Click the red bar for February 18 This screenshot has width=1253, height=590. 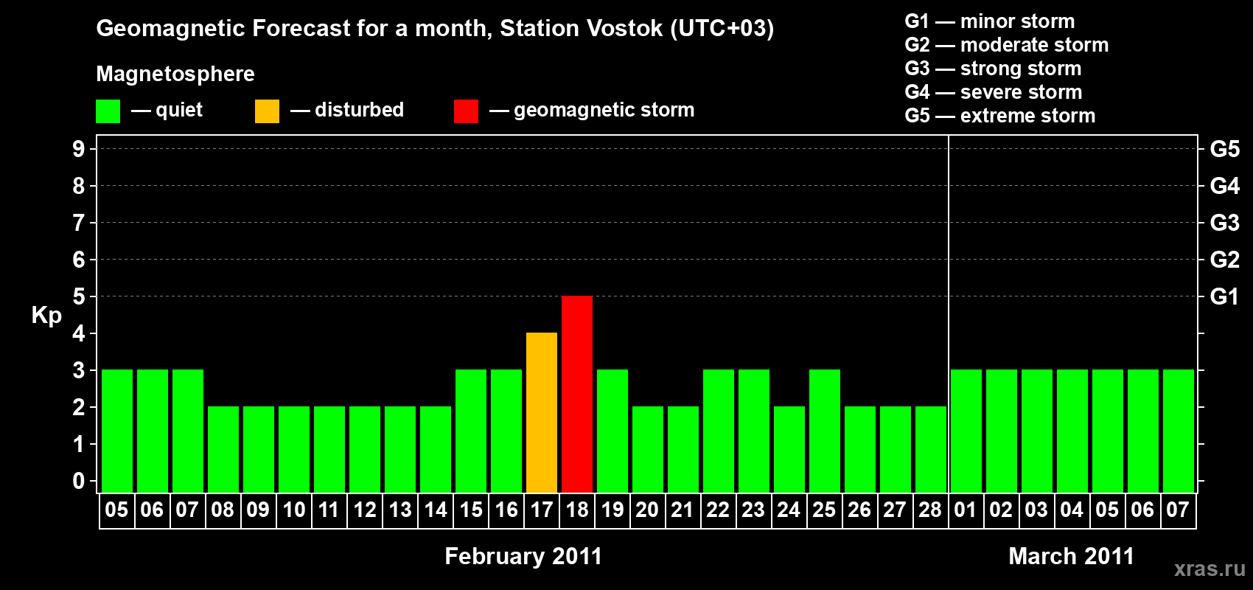(x=577, y=394)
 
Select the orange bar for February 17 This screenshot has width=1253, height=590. (x=542, y=412)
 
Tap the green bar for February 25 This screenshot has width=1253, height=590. (x=825, y=431)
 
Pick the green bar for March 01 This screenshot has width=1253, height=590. (x=966, y=431)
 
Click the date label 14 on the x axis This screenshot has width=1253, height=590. (x=436, y=510)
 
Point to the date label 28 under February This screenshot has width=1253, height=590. (x=930, y=510)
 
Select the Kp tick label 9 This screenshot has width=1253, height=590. (x=79, y=149)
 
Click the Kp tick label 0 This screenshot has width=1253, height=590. (x=79, y=481)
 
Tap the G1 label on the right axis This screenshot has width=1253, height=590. (x=1224, y=296)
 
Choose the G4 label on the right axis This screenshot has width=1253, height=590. (x=1224, y=186)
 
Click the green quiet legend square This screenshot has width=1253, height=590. (x=108, y=111)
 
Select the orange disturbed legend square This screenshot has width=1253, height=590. (x=267, y=111)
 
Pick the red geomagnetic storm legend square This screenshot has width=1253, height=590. (x=466, y=111)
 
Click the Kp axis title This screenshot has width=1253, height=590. (x=46, y=315)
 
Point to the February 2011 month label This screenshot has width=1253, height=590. (x=523, y=556)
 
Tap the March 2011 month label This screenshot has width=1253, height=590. (x=1071, y=556)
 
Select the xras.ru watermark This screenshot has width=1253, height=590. (x=1210, y=569)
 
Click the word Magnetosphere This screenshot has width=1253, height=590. (x=175, y=74)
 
